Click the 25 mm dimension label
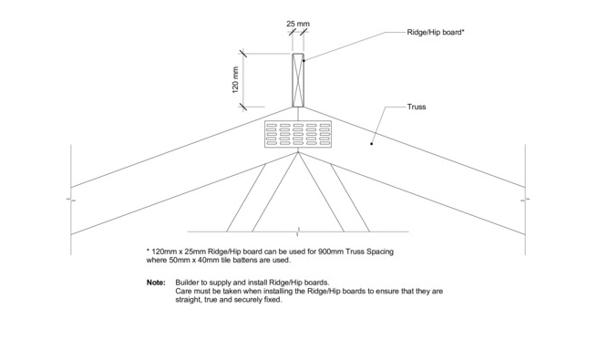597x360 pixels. click(298, 24)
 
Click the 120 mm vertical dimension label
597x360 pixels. click(235, 80)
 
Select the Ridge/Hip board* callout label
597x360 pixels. click(436, 32)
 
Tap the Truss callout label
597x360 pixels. click(417, 107)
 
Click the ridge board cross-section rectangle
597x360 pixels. click(298, 80)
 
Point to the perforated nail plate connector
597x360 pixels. click(298, 134)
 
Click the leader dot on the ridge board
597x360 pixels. click(304, 60)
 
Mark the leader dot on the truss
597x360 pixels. click(372, 143)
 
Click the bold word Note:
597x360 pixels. click(156, 283)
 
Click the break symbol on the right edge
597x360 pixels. click(525, 199)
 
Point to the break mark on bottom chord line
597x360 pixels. click(298, 231)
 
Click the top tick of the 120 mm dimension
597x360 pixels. click(243, 54)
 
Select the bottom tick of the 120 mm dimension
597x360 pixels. click(243, 107)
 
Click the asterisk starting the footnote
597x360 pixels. click(148, 251)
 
